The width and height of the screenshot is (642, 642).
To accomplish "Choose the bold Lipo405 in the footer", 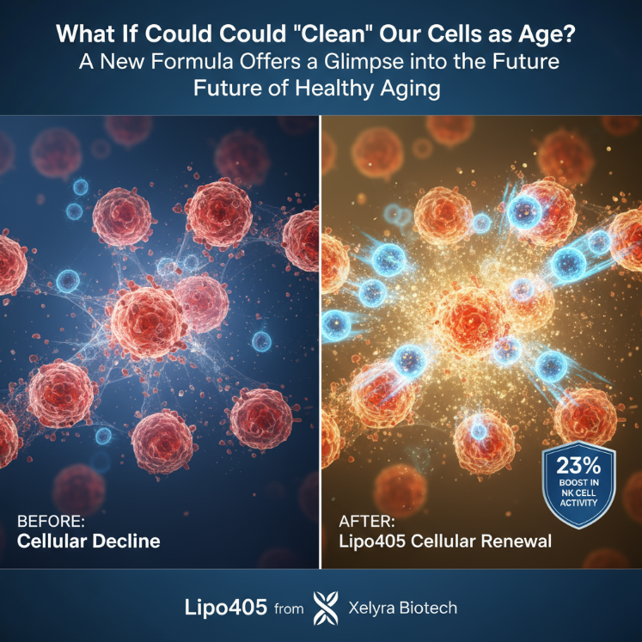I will [x=224, y=607].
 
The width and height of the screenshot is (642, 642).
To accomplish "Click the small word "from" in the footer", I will [x=289, y=609].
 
